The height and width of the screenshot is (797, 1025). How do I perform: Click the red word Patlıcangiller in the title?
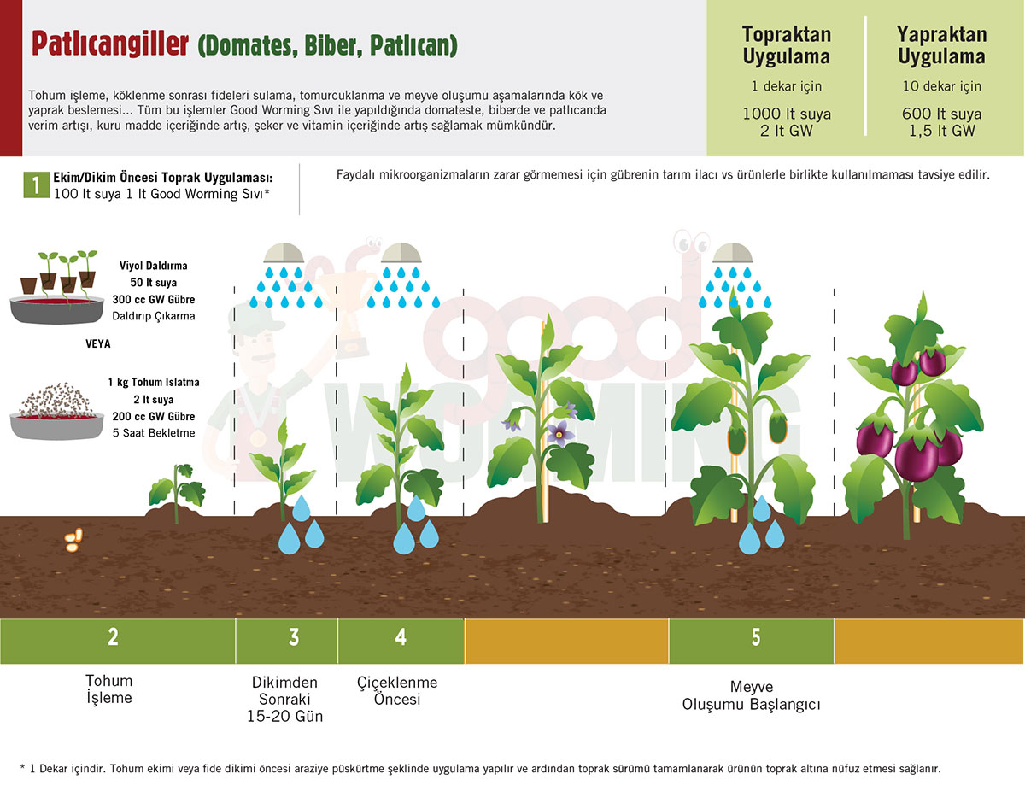coord(110,44)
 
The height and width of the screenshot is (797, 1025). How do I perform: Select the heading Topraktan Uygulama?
coord(787,45)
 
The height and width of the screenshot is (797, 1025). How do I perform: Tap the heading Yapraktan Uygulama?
coord(941,45)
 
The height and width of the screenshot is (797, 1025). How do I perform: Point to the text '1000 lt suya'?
coord(787,114)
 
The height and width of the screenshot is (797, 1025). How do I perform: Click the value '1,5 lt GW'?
coord(941,131)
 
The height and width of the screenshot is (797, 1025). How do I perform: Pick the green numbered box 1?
coord(37,185)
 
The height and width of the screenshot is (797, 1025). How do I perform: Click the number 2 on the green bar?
coord(113,636)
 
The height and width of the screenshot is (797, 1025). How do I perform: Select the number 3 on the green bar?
coord(294,636)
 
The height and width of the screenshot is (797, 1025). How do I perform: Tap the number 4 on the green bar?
coord(401,636)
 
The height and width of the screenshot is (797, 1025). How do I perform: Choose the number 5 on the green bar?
coord(756,636)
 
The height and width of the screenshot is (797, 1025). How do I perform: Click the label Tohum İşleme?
coord(109,689)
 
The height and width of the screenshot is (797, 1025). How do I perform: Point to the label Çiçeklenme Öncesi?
coord(397,690)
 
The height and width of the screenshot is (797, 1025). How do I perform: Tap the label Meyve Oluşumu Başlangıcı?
coord(752,695)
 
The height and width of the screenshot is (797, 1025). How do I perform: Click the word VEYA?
coord(98,343)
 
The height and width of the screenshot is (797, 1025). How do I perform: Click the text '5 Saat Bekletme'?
coord(154,432)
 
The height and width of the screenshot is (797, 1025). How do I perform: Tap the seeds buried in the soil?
coord(73,540)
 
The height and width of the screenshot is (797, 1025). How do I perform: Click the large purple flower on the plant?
coord(559,433)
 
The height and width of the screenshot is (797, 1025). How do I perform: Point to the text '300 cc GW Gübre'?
coord(154,299)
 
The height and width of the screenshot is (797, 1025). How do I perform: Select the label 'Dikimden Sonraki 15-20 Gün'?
coord(285,699)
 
